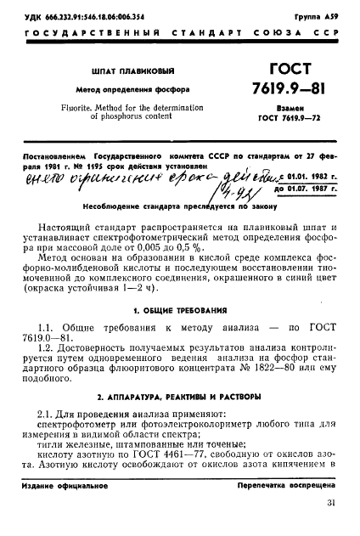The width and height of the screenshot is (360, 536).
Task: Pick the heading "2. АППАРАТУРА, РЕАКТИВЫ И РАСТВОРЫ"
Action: point(179,397)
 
